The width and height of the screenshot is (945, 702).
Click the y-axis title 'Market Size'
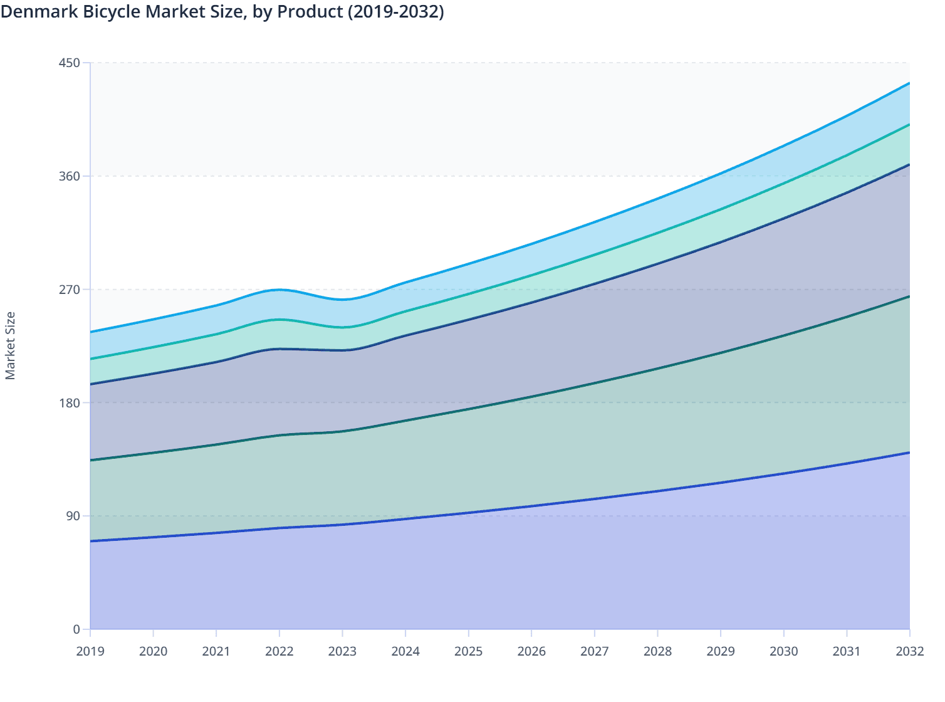(11, 345)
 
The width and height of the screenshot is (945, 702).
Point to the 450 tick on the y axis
(70, 63)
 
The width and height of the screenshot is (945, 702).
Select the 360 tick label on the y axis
(70, 176)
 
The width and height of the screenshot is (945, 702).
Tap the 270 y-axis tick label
(70, 290)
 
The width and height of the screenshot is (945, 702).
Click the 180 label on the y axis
(70, 402)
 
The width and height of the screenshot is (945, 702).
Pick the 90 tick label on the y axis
(73, 516)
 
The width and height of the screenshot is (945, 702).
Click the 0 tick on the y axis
(76, 629)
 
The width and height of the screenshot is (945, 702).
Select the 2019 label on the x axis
(90, 651)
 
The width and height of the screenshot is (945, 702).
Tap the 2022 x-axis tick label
(279, 651)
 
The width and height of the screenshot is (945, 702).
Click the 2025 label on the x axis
(469, 651)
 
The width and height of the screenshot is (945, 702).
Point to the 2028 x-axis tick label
(657, 651)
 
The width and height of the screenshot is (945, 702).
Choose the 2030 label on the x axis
(784, 651)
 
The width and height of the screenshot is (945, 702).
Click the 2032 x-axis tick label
(910, 651)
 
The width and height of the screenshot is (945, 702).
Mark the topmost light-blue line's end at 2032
(909, 83)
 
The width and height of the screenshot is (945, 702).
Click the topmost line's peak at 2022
(279, 290)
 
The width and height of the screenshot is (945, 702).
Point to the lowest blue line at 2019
(91, 541)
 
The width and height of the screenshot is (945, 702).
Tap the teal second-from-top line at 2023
(342, 327)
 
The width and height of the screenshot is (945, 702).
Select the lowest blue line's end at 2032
(909, 452)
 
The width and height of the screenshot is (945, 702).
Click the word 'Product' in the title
(306, 12)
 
